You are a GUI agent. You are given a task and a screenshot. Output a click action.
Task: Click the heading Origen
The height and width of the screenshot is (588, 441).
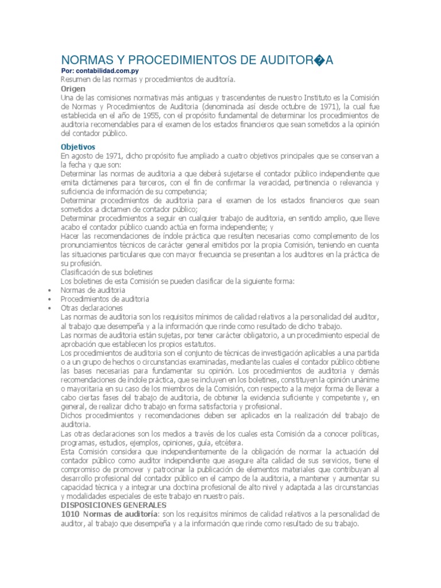(73, 89)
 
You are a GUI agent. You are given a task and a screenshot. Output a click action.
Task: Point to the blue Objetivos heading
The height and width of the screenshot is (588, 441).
(78, 146)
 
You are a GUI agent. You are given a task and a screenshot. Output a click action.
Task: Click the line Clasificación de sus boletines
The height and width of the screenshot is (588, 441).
(107, 272)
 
